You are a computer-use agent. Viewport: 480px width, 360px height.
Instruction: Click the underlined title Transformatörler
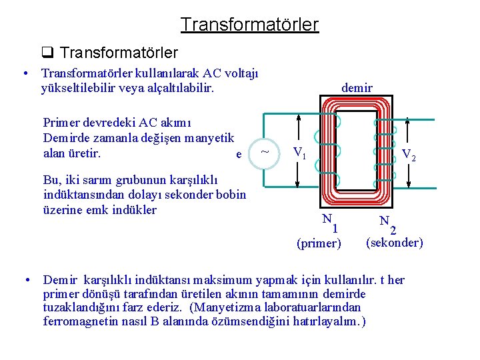pyautogui.click(x=249, y=25)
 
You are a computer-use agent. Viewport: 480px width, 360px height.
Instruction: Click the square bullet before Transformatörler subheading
pyautogui.click(x=47, y=53)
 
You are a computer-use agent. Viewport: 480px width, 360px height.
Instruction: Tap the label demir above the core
pyautogui.click(x=357, y=87)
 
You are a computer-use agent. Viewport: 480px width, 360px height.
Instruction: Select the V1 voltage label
pyautogui.click(x=300, y=154)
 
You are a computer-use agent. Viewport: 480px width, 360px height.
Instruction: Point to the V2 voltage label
pyautogui.click(x=409, y=155)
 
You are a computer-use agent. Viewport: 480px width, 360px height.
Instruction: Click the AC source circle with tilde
pyautogui.click(x=265, y=152)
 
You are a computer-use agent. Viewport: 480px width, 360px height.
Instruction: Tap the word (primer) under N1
pyautogui.click(x=319, y=243)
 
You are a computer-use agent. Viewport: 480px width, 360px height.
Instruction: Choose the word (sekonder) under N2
pyautogui.click(x=395, y=243)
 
